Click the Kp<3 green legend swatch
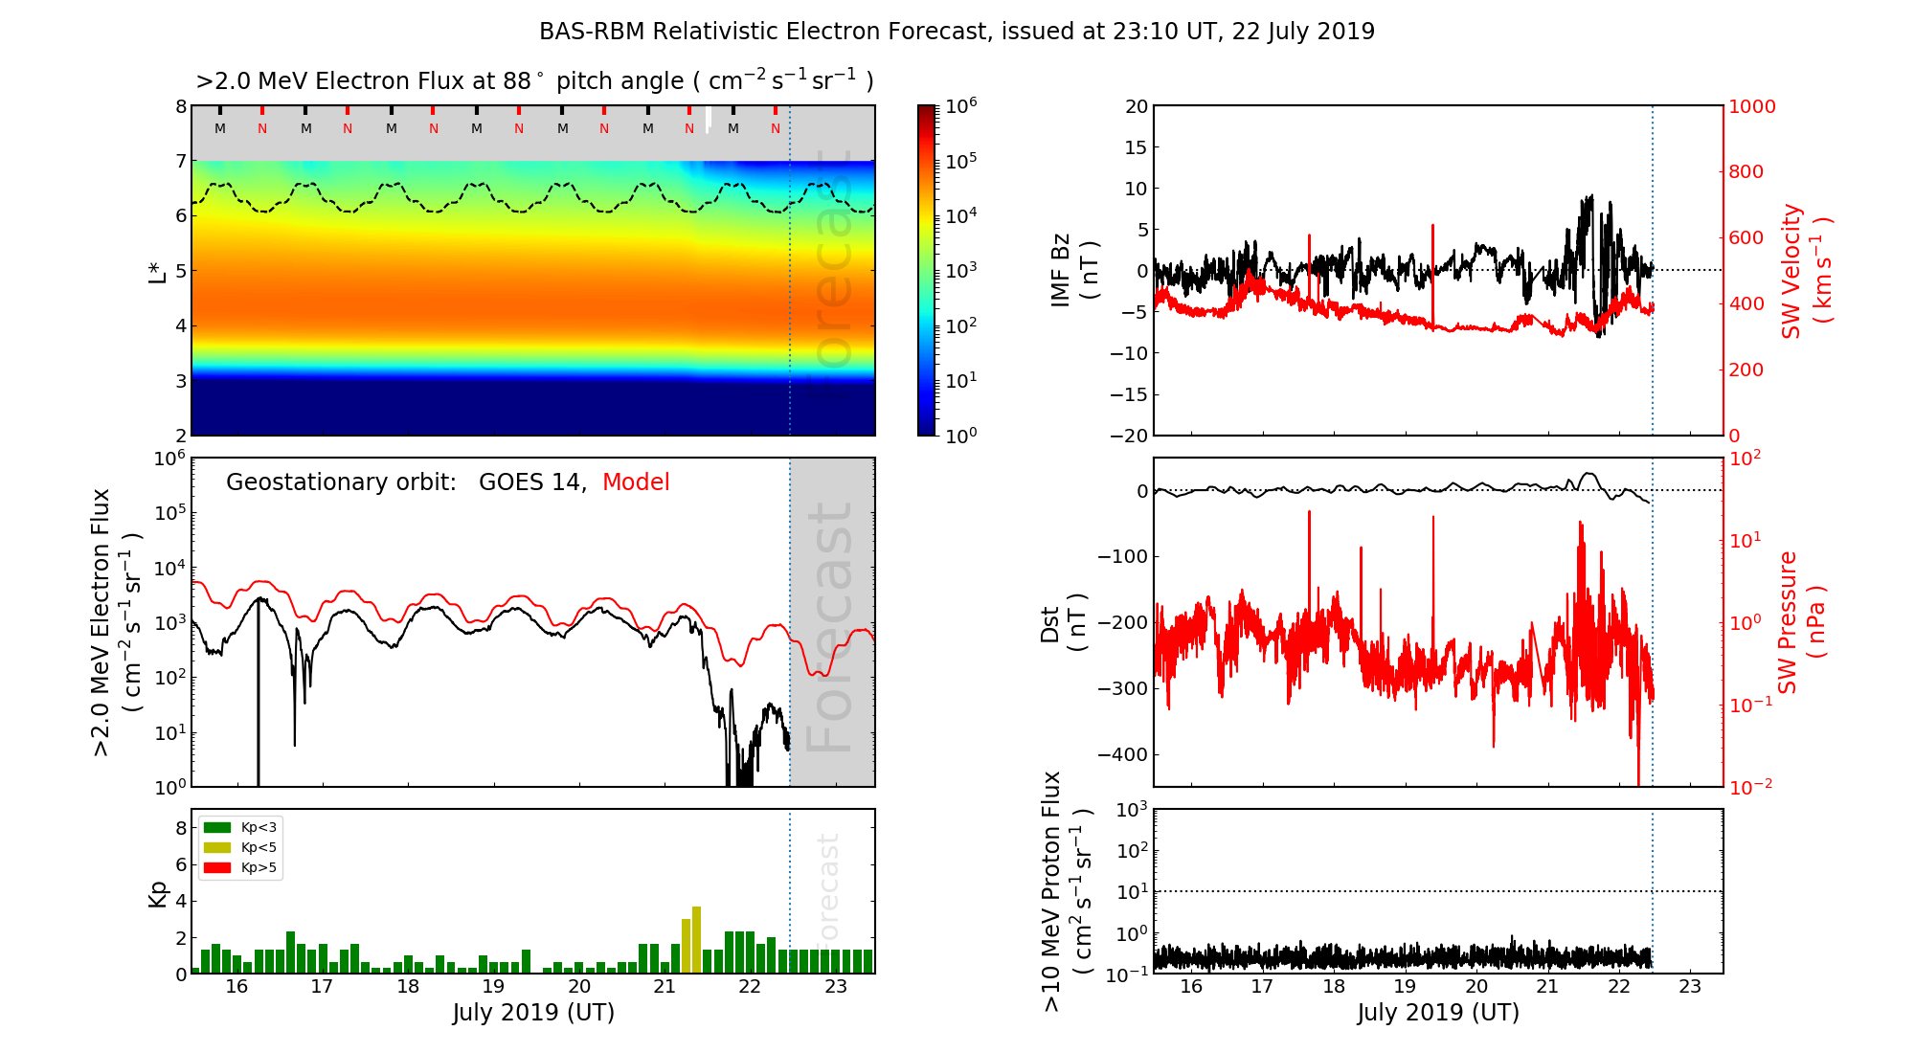(x=217, y=827)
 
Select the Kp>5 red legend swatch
(x=217, y=868)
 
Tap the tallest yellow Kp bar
(x=696, y=938)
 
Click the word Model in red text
(x=636, y=482)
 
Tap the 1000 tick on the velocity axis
(x=1751, y=106)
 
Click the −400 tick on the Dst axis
(x=1127, y=754)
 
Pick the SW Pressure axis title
(x=1801, y=622)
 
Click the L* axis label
(x=158, y=270)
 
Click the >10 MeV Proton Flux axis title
(x=1066, y=891)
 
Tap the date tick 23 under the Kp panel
(x=835, y=987)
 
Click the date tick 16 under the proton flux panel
(x=1190, y=987)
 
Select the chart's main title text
(x=957, y=32)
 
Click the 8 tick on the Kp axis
(x=181, y=828)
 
